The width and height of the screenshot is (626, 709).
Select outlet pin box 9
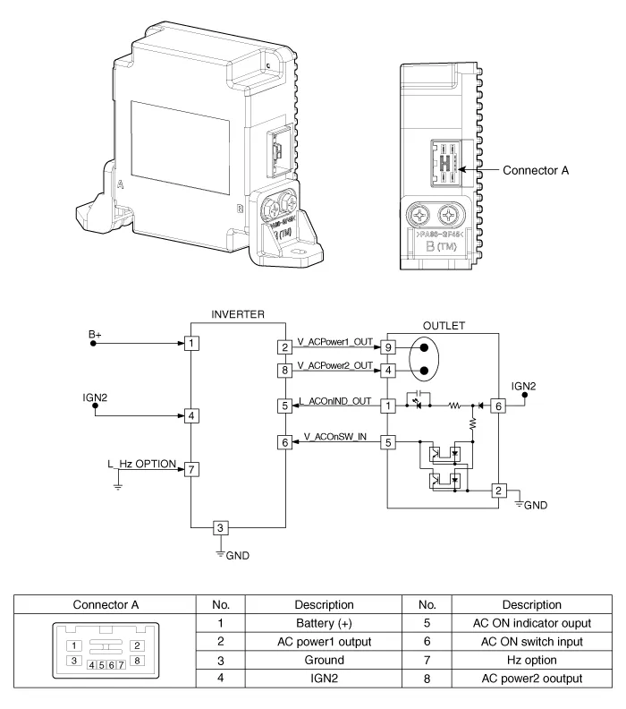point(388,346)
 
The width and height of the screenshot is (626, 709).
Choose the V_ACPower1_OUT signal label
point(334,341)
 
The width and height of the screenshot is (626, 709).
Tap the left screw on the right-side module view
point(419,215)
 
